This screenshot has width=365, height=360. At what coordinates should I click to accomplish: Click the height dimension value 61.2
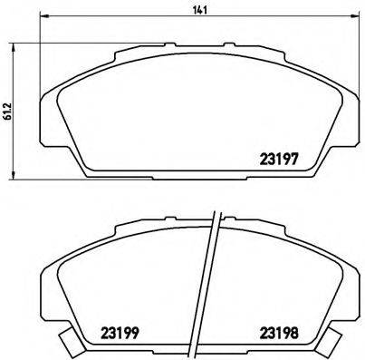click(7, 109)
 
